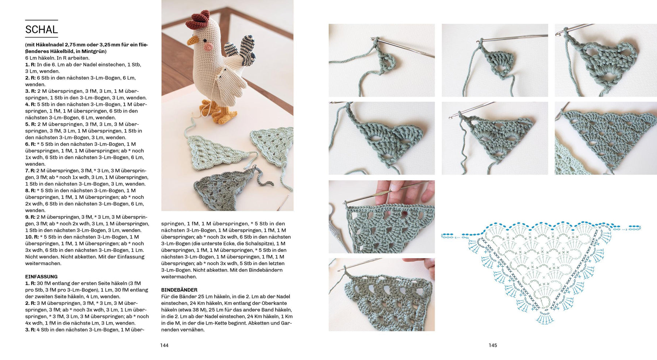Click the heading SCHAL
[42, 30]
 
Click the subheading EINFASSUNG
[41, 277]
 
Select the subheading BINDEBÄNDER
[179, 290]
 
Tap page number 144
[164, 345]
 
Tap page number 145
[493, 345]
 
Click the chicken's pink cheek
[208, 47]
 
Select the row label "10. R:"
[32, 237]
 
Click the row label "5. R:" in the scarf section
[30, 125]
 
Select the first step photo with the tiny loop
[381, 60]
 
